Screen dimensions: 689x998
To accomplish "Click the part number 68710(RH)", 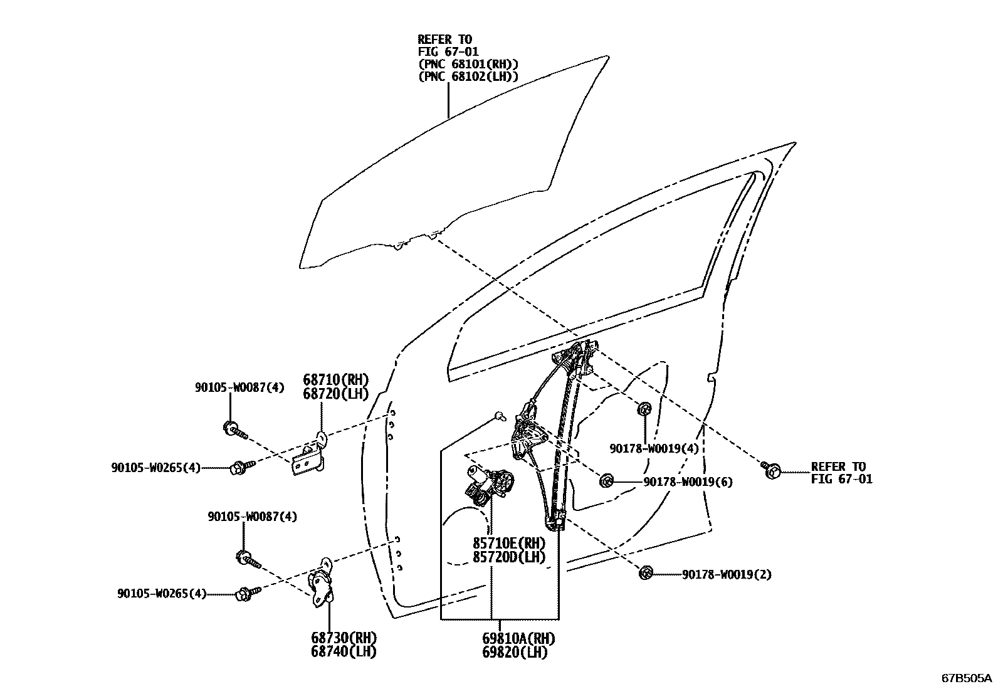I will coord(335,380).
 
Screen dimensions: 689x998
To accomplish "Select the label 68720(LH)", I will coord(335,394).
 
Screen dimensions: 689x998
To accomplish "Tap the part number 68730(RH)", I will coord(344,638).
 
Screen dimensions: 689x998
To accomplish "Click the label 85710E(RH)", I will coord(509,543).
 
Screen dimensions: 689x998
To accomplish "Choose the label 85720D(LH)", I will coord(509,557).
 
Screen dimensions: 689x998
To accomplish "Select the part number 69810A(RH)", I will coord(518,638).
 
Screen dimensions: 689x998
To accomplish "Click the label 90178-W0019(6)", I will coord(688,481).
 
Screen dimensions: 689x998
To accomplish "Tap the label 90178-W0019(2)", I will coord(727,574).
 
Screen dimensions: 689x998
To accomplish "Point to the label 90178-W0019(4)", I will coord(654,448).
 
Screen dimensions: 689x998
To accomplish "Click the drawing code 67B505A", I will coord(966,678).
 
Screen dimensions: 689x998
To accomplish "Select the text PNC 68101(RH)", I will coord(468,64).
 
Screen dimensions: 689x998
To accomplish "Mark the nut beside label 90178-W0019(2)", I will coord(646,572).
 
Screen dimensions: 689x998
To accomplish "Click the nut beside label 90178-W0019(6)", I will coord(606,481).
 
